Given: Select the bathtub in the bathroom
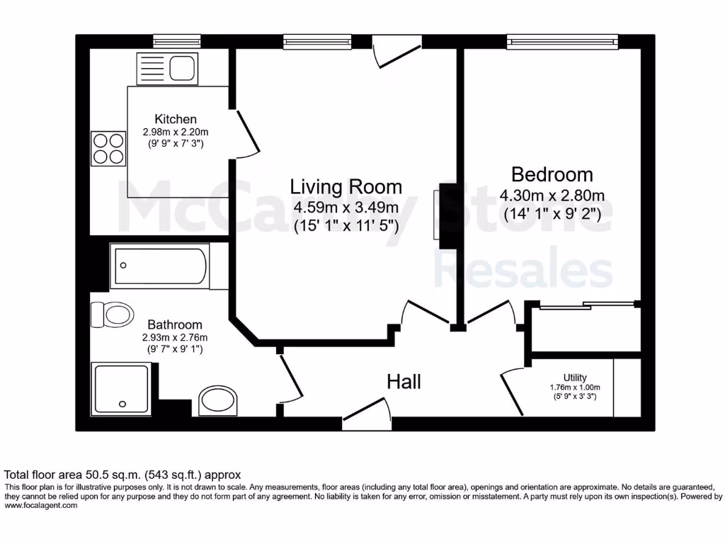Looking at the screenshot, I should pos(159,266).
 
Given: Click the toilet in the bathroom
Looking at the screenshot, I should pos(112,314).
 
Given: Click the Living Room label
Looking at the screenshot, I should pos(346,187).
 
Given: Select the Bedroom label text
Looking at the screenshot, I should pos(552,174).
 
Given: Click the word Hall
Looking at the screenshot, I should pos(404,382).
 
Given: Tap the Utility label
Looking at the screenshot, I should pos(575,378).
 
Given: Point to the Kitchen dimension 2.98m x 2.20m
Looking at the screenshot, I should pos(176,132).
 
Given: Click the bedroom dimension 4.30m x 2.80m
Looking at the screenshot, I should pos(552,195).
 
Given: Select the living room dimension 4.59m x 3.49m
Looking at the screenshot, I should pos(346,208).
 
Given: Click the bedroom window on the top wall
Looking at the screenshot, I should pos(561,42).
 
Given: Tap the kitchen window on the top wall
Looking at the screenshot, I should pos(167,42).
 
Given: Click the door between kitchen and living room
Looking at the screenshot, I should pos(246,133).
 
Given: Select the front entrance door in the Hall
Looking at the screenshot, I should pos(366,413).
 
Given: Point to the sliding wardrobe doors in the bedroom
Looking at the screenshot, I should pos(585,305).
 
